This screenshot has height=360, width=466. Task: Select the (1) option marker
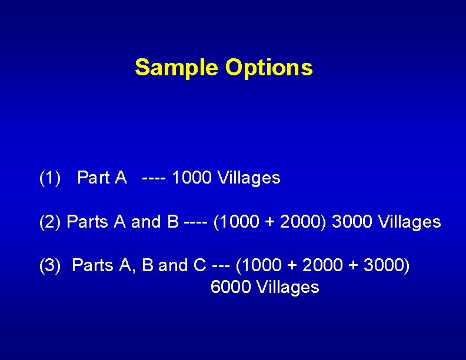tap(49, 177)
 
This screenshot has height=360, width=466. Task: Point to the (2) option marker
tap(50, 222)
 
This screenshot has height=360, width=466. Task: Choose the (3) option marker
tap(49, 266)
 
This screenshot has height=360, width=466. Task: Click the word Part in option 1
tap(93, 177)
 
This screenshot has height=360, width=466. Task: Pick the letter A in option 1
tap(121, 177)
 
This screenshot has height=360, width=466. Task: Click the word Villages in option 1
tap(249, 177)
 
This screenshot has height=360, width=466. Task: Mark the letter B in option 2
tap(173, 222)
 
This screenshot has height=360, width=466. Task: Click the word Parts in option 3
tap(93, 266)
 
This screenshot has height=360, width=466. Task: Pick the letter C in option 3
tap(199, 266)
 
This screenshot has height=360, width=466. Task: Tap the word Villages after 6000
tap(288, 287)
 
